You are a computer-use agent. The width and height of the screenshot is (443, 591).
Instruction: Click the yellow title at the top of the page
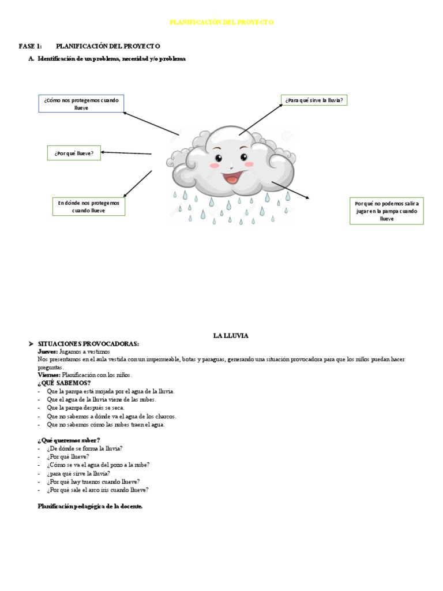[x=221, y=22]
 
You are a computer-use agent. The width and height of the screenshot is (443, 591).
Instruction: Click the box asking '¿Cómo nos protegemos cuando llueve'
[x=81, y=104]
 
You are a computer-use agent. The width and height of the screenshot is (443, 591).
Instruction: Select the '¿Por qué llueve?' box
[x=74, y=153]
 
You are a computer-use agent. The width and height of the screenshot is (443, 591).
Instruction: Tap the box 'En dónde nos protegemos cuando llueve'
[x=89, y=207]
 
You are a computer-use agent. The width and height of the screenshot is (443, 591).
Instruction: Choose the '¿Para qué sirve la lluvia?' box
[x=314, y=100]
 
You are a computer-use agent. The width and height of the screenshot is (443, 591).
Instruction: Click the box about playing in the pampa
[x=387, y=211]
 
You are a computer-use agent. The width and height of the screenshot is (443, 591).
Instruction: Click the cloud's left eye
[x=219, y=157]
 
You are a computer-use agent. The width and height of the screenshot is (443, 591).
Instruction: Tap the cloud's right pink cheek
[x=249, y=164]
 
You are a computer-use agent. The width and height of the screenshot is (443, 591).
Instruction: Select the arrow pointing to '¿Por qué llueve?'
[x=126, y=153]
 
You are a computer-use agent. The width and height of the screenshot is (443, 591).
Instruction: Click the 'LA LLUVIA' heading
[x=230, y=335]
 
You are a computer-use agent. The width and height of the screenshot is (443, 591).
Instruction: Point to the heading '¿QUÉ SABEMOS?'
[x=64, y=383]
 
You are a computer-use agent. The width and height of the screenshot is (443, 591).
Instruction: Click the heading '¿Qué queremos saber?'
[x=69, y=440]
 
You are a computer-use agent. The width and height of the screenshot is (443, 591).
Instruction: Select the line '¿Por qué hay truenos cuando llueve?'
[x=93, y=481]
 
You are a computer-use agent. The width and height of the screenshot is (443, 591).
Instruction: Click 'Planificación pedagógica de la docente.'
[x=89, y=506]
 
